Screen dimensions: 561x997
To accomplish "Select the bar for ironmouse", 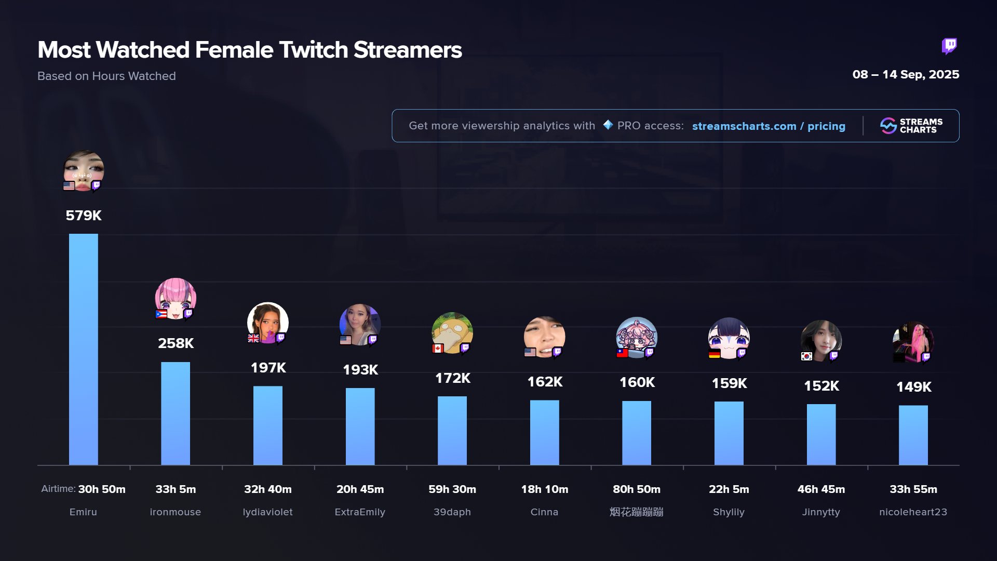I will click(176, 413).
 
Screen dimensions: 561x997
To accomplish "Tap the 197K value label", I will click(268, 368).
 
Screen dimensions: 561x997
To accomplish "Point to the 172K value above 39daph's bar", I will click(452, 378).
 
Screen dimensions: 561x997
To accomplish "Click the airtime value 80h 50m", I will click(637, 489).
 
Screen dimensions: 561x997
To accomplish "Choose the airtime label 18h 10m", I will click(544, 489).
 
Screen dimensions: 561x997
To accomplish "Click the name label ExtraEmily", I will click(360, 512).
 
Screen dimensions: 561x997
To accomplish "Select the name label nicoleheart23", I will click(913, 512).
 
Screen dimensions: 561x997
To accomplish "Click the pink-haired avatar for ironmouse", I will click(176, 298).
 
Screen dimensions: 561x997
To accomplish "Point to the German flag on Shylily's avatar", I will click(715, 354).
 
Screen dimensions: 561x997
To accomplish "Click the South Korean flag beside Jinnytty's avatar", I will click(806, 356).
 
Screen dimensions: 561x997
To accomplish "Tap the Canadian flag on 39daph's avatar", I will click(438, 348).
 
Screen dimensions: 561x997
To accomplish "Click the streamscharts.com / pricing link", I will click(769, 126).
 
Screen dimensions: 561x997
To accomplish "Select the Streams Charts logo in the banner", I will click(911, 126).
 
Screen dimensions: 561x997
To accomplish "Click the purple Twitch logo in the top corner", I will click(949, 46).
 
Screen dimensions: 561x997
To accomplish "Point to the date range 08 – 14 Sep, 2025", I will click(906, 75).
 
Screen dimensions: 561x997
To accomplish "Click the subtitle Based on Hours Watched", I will click(106, 76).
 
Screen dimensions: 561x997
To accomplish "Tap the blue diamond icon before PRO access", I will click(608, 125).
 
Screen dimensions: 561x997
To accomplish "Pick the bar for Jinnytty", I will click(821, 434).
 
